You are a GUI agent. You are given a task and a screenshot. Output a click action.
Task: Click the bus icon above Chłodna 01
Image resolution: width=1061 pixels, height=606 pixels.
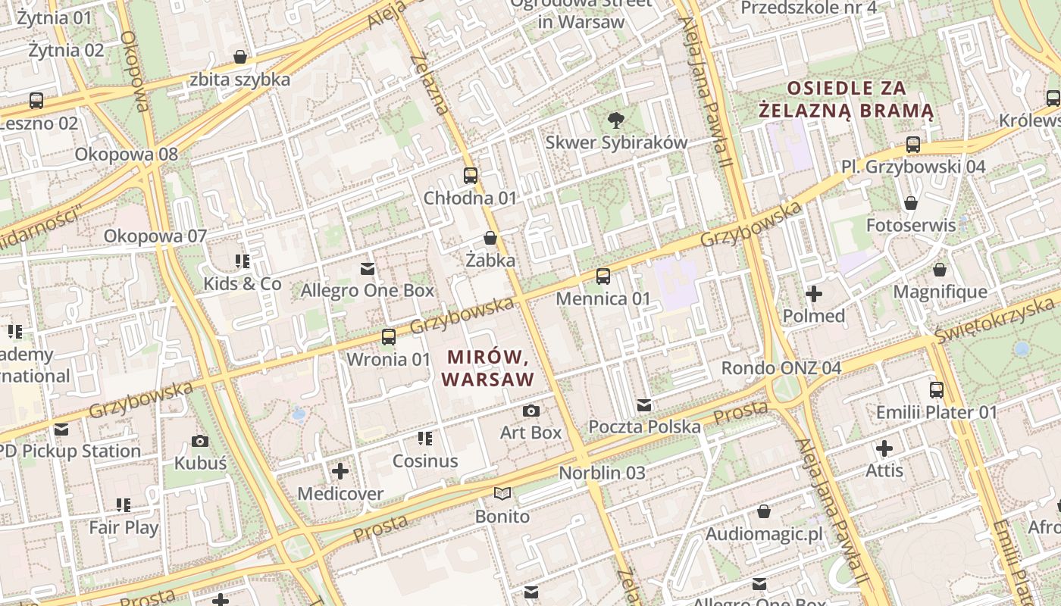click(x=471, y=176)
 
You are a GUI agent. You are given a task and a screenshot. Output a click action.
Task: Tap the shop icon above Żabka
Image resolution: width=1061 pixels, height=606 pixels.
click(x=490, y=239)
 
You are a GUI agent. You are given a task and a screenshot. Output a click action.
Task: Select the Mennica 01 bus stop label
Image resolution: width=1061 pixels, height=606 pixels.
click(x=603, y=298)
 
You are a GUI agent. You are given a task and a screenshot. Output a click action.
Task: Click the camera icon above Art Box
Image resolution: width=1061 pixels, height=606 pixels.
click(x=531, y=411)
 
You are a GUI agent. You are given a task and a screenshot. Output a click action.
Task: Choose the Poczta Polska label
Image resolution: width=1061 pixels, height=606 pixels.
click(x=644, y=426)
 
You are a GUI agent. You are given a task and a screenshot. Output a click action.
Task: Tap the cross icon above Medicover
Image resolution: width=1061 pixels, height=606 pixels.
click(x=340, y=471)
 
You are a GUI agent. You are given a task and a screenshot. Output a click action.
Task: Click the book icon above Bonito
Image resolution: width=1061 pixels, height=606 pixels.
click(x=502, y=494)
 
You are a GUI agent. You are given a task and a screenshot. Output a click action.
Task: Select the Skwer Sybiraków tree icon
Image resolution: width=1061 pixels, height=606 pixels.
click(x=616, y=120)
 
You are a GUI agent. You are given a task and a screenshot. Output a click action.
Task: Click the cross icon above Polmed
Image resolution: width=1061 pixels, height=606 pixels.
click(x=814, y=294)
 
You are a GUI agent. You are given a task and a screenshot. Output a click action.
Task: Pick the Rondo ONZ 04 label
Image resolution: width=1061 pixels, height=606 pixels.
click(x=781, y=368)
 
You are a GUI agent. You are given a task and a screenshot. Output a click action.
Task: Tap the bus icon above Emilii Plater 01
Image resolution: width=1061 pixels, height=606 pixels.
click(x=937, y=390)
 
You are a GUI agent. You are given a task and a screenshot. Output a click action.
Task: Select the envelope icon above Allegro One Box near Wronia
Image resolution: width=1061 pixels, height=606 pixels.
click(x=368, y=268)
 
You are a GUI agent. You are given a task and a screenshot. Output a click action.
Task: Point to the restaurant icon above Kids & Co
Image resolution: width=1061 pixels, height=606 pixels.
click(x=243, y=262)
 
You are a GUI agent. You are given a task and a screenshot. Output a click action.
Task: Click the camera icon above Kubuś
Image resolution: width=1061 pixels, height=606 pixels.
click(x=200, y=441)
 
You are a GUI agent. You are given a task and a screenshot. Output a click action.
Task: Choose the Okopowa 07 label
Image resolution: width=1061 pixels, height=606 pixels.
click(x=155, y=236)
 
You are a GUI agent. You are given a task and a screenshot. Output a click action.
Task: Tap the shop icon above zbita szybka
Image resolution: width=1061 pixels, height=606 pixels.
click(x=240, y=57)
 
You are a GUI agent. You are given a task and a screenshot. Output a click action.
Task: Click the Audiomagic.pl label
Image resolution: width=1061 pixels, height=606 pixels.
click(x=764, y=534)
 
